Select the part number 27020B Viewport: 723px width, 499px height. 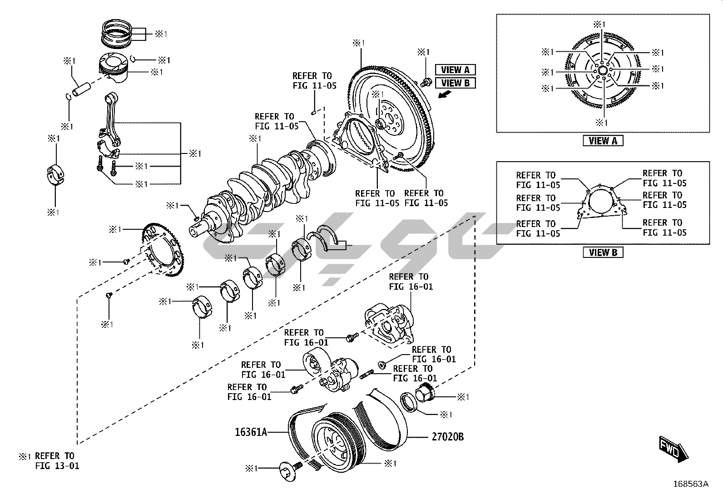tap(447, 437)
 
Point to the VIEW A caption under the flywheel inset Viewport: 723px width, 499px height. tap(603, 141)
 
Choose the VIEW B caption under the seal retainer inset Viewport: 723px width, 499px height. tap(603, 252)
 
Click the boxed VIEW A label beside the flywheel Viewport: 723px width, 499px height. tap(455, 70)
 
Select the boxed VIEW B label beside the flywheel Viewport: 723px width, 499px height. tap(455, 83)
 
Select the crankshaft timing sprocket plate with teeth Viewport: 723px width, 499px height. tap(163, 250)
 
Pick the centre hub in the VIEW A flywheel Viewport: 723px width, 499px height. tap(603, 71)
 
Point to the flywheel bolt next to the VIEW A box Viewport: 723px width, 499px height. tap(426, 82)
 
